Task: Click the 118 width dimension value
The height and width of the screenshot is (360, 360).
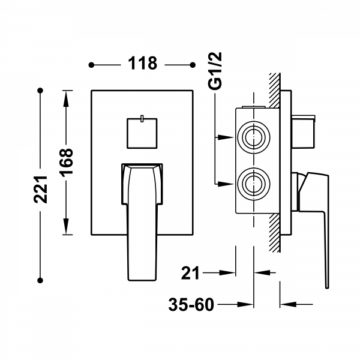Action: [x=142, y=63]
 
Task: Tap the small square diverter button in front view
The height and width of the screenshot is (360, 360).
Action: [x=142, y=133]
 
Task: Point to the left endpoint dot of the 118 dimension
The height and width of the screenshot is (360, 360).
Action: [x=91, y=63]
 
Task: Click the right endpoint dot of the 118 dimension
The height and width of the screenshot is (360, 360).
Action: [x=193, y=63]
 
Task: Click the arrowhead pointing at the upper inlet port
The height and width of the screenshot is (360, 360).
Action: [x=223, y=138]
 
